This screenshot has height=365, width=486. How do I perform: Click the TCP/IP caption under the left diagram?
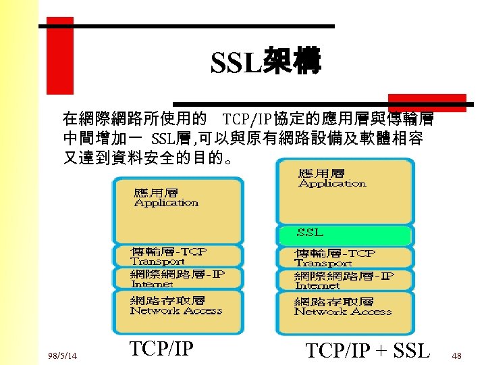(161, 349)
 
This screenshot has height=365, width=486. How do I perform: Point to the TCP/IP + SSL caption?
(367, 351)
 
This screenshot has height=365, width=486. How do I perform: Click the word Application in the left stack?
(166, 203)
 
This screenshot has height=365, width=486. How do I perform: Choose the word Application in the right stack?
(332, 183)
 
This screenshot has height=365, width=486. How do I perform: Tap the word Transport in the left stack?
(157, 262)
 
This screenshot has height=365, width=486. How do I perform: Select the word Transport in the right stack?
(323, 263)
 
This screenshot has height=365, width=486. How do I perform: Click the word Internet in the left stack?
(152, 285)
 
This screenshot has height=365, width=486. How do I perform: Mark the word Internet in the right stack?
(317, 286)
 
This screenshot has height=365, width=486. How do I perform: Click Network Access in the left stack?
(175, 311)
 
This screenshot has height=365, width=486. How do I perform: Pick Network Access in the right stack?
(342, 312)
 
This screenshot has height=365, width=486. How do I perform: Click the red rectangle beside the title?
(59, 55)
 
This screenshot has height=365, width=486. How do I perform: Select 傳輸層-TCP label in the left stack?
(169, 251)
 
